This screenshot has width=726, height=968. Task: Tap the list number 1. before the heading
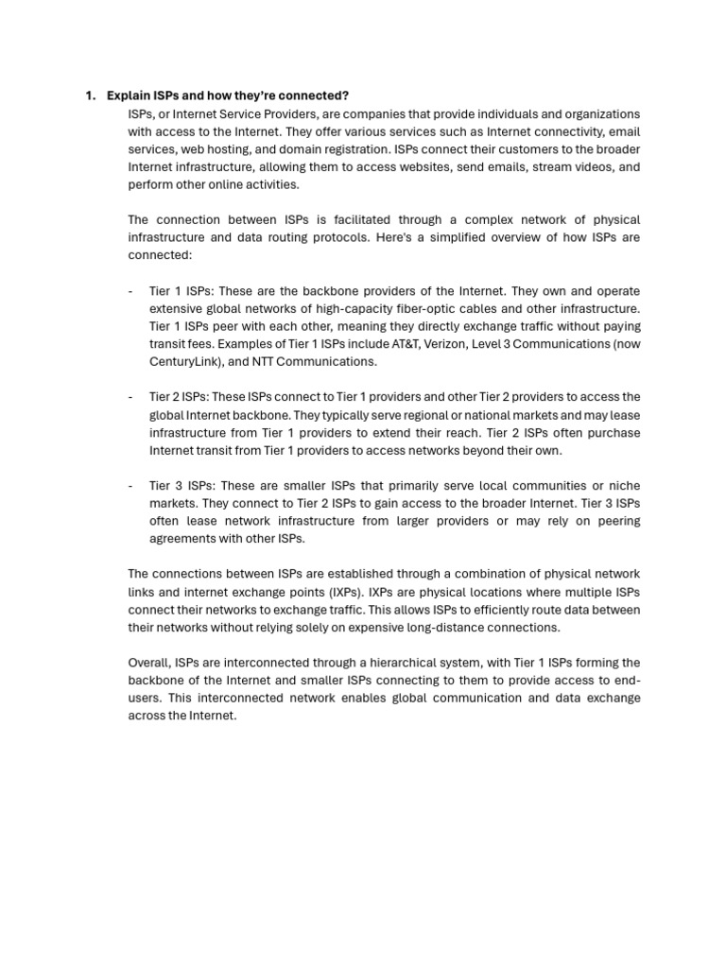pyautogui.click(x=91, y=95)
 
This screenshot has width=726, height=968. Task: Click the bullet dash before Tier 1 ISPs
pyautogui.click(x=130, y=291)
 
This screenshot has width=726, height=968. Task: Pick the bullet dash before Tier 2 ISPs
pyautogui.click(x=130, y=397)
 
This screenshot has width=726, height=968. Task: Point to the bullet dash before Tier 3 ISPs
pyautogui.click(x=130, y=486)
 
